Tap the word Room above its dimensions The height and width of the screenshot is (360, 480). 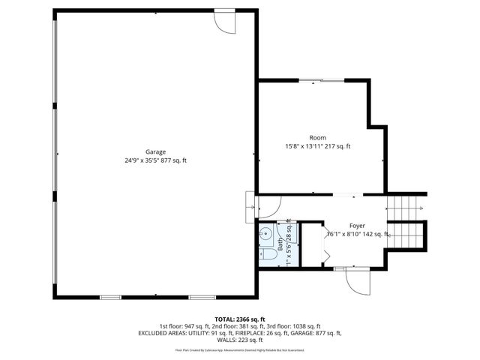pyautogui.click(x=317, y=137)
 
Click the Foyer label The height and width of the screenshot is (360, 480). pyautogui.click(x=358, y=225)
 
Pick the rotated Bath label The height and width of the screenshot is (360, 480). pyautogui.click(x=281, y=244)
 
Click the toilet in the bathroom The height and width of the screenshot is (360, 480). pyautogui.click(x=267, y=256)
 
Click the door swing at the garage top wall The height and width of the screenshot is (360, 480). pyautogui.click(x=224, y=22)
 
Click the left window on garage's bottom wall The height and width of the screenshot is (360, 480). pyautogui.click(x=110, y=297)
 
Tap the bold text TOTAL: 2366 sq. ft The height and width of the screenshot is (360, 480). pyautogui.click(x=239, y=319)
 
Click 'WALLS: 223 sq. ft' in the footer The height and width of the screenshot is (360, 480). pyautogui.click(x=239, y=340)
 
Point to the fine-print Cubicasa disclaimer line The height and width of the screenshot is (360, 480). pyautogui.click(x=239, y=349)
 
